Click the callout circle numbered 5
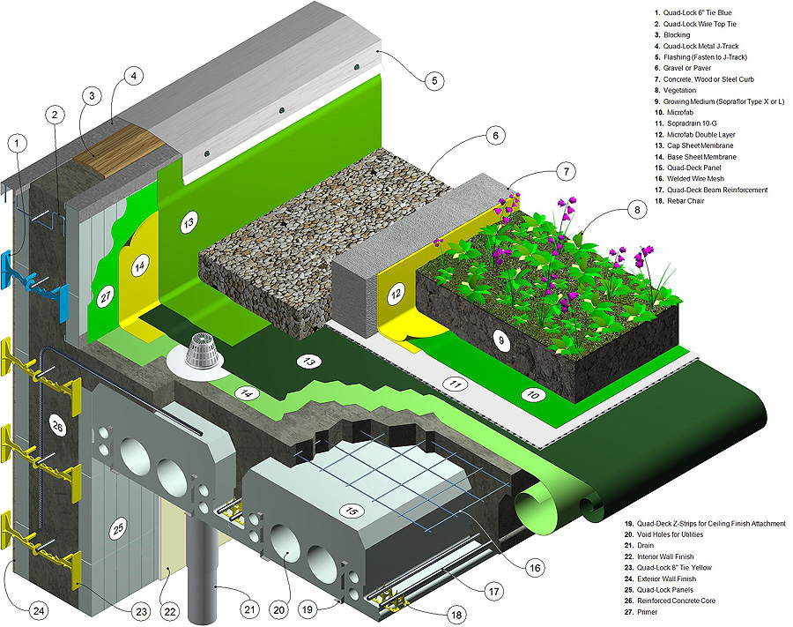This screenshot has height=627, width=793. (432, 81)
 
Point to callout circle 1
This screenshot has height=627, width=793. (15, 141)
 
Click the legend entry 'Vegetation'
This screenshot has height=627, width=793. (679, 90)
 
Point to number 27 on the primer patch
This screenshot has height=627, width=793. (107, 297)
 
